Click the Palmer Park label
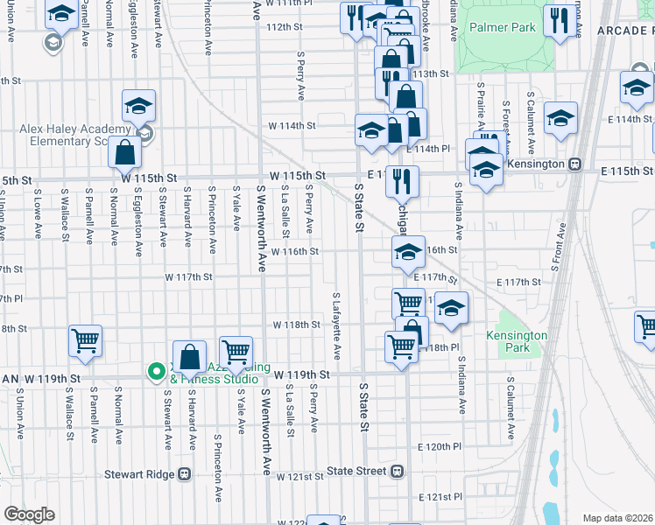(x=502, y=28)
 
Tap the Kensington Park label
(x=517, y=341)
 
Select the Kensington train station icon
(x=575, y=164)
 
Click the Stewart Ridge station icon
(x=185, y=473)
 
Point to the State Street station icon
(x=398, y=471)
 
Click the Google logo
(x=29, y=514)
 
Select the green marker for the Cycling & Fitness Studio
(x=157, y=372)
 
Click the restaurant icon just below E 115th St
(x=402, y=180)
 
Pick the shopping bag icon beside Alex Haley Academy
(x=126, y=152)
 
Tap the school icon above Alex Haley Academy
(x=138, y=106)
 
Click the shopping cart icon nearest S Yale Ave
(x=236, y=352)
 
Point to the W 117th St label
(x=190, y=277)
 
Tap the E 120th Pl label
(x=440, y=446)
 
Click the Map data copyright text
(x=618, y=517)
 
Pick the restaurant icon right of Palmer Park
(x=559, y=20)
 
